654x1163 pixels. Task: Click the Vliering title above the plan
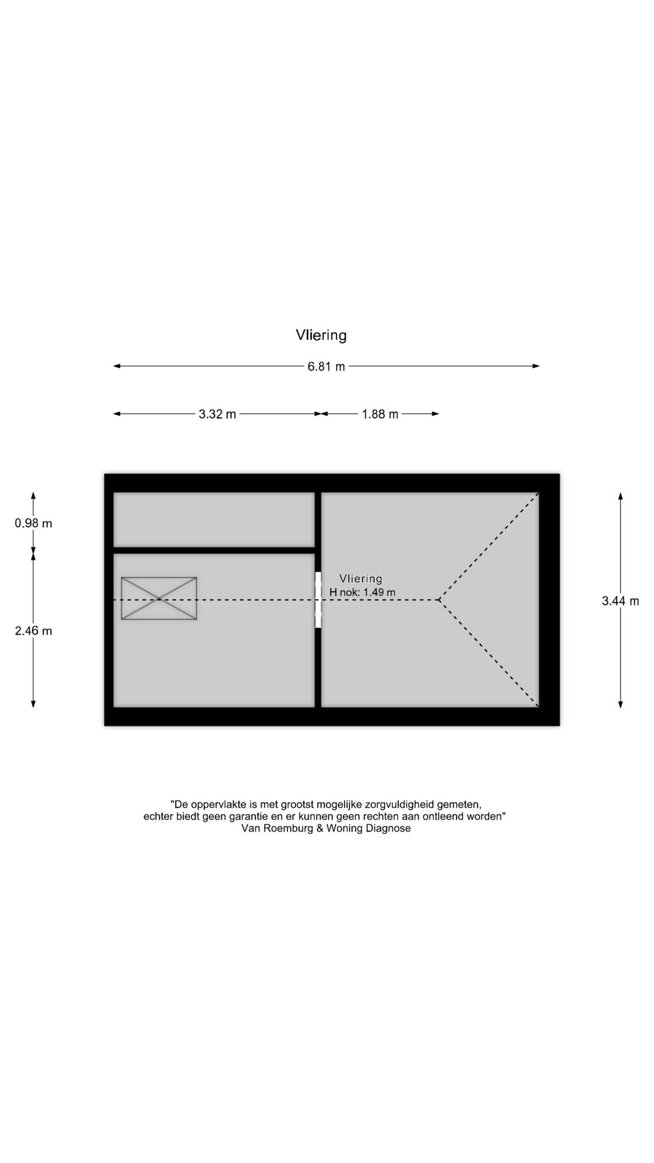click(321, 335)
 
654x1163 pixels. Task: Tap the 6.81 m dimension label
click(326, 366)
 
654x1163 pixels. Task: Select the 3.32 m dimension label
click(217, 414)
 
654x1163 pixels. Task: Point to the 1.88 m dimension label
click(380, 414)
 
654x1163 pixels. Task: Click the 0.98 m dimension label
click(34, 523)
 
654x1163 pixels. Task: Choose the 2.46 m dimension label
click(34, 631)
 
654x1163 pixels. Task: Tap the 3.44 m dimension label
click(621, 601)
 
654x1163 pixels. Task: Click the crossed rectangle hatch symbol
click(159, 598)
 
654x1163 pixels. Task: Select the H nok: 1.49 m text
click(362, 592)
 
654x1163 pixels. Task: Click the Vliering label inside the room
click(361, 579)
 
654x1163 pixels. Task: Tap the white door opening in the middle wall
click(318, 600)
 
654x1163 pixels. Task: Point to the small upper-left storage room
click(214, 520)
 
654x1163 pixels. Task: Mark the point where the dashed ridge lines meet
click(438, 600)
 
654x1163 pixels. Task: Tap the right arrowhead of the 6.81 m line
click(536, 366)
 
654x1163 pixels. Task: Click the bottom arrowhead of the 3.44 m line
click(621, 704)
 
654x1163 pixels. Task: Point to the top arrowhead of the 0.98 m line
click(33, 495)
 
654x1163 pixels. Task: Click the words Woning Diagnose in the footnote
click(368, 829)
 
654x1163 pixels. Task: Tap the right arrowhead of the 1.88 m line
click(435, 414)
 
